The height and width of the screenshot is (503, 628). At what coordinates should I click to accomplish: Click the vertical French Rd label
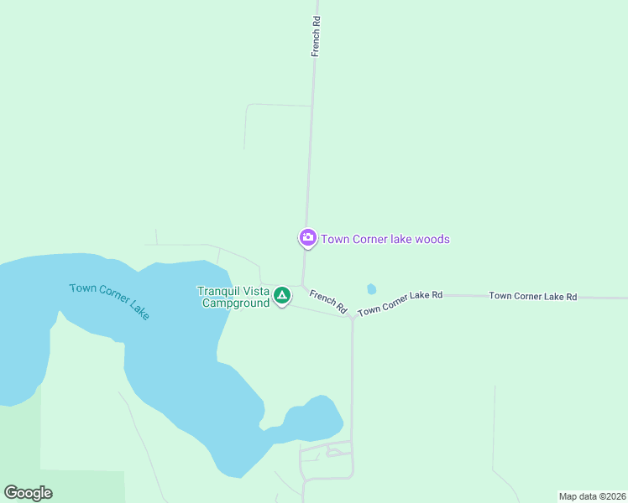[x=317, y=35]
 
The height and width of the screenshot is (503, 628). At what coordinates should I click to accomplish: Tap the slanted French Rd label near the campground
[x=327, y=302]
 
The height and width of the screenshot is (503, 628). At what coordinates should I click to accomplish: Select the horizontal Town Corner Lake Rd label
[x=533, y=296]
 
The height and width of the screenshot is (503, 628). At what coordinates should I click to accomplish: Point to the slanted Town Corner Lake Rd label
[x=400, y=303]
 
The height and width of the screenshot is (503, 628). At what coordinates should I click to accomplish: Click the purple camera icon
[x=308, y=238]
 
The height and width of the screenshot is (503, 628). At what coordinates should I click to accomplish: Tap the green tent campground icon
[x=282, y=295]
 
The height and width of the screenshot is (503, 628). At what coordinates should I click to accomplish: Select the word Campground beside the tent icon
[x=235, y=303]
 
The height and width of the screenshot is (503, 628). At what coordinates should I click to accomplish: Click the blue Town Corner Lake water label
[x=109, y=300]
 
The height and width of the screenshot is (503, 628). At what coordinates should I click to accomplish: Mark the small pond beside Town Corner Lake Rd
[x=371, y=289]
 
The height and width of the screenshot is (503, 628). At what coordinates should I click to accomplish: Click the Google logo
[x=28, y=493]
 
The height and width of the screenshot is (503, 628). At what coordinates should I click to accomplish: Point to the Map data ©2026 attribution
[x=593, y=496]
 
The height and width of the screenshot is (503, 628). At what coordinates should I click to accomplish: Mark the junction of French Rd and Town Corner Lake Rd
[x=353, y=316]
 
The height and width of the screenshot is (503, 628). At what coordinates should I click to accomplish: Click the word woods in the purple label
[x=433, y=239]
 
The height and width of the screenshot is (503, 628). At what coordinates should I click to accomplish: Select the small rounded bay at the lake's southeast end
[x=314, y=419]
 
